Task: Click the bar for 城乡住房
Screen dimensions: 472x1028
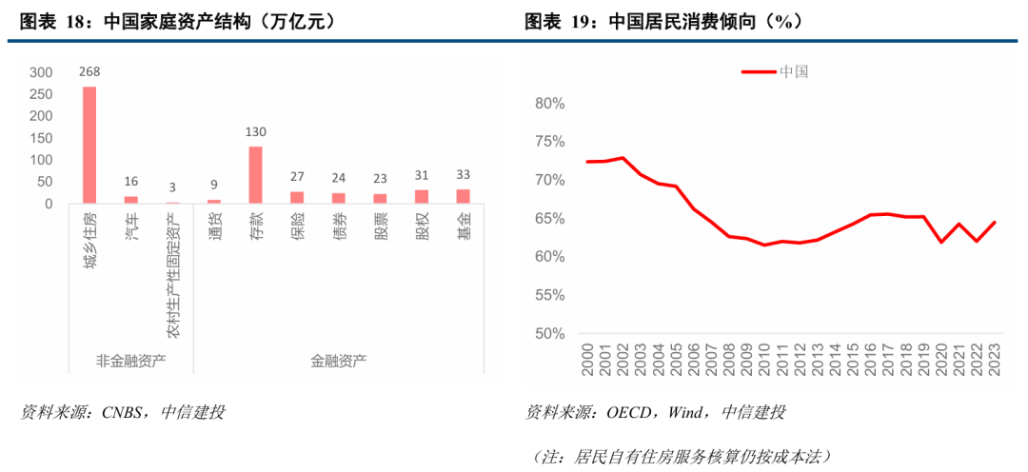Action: pos(89,145)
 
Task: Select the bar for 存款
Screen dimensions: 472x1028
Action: pos(255,174)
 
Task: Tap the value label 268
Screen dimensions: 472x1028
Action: pos(89,70)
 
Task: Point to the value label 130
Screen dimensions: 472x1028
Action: pos(255,131)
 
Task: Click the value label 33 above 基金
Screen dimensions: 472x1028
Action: pos(464,174)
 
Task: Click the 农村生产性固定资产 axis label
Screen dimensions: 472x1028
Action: pos(173,275)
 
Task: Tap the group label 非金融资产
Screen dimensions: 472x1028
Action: pos(130,361)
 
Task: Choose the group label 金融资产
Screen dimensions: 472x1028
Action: pos(338,361)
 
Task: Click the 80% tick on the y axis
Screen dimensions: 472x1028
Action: pos(550,104)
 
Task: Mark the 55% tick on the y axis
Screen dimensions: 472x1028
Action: pos(550,296)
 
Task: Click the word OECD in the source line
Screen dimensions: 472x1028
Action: pos(627,412)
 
